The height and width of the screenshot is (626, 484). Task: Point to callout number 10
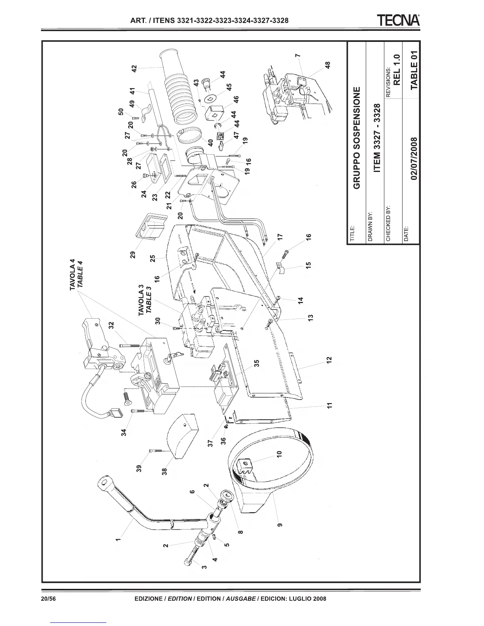(x=279, y=454)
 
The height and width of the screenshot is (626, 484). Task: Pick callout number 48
(x=327, y=65)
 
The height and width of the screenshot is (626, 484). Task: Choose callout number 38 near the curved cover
(x=164, y=471)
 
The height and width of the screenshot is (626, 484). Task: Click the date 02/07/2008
(x=414, y=158)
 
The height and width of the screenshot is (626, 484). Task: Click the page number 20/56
(x=49, y=598)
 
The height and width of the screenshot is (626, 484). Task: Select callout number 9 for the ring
(x=280, y=525)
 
